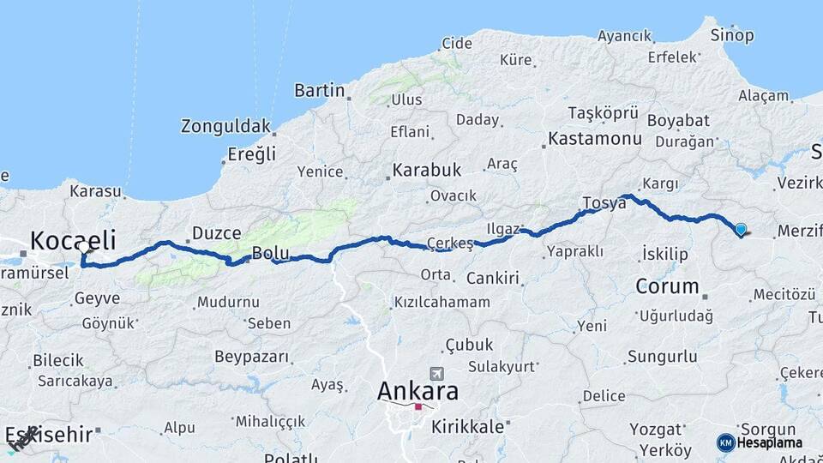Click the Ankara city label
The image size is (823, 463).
(418, 391)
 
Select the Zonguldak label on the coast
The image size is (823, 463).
(225, 126)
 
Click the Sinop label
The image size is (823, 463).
(732, 35)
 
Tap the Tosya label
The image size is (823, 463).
(604, 203)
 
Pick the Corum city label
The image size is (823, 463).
(668, 285)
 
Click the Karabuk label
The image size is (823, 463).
(427, 169)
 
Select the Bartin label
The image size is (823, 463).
(319, 90)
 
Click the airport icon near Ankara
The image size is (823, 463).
(439, 374)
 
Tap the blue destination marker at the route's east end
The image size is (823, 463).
(741, 229)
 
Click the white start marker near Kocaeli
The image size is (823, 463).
(83, 248)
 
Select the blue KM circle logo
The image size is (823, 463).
(725, 442)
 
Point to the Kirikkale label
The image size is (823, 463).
(467, 426)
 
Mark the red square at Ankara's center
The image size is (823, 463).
(418, 407)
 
